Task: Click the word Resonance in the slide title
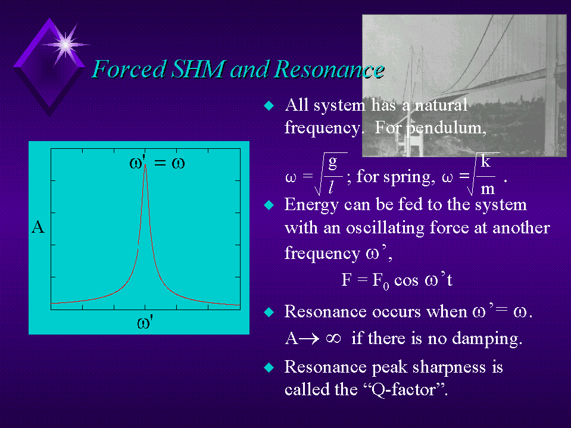pyautogui.click(x=329, y=69)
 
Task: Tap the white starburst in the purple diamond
pyautogui.click(x=65, y=45)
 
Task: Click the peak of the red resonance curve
pyautogui.click(x=145, y=164)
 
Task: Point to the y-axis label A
pyautogui.click(x=38, y=227)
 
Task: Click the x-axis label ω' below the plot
pyautogui.click(x=145, y=323)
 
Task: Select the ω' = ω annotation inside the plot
pyautogui.click(x=157, y=163)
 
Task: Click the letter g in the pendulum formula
pyautogui.click(x=332, y=163)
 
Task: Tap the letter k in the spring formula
pyautogui.click(x=485, y=161)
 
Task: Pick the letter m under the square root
pyautogui.click(x=488, y=189)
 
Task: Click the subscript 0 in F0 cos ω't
pyautogui.click(x=386, y=286)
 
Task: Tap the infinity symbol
pyautogui.click(x=333, y=339)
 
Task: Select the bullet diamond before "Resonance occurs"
pyautogui.click(x=269, y=312)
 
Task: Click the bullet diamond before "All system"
pyautogui.click(x=269, y=105)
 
